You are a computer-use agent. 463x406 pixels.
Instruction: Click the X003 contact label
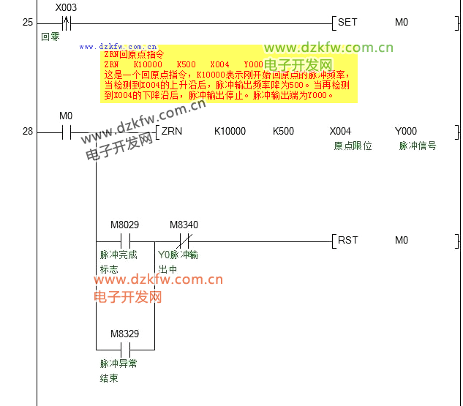[x=66, y=7]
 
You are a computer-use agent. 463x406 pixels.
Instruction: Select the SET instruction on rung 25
[x=347, y=22]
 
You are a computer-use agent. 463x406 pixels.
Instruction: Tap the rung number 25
[x=28, y=23]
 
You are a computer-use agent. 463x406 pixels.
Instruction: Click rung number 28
[x=28, y=132]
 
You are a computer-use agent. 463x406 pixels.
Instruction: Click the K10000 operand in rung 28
[x=230, y=132]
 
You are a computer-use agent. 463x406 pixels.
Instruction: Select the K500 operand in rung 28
[x=283, y=132]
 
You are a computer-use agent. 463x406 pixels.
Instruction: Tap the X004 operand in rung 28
[x=341, y=132]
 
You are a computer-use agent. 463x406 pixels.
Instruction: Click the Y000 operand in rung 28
[x=405, y=132]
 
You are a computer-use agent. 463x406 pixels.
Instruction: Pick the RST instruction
[x=347, y=241]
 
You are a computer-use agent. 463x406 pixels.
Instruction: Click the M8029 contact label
[x=124, y=225]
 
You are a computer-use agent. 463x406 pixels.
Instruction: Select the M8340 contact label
[x=184, y=225]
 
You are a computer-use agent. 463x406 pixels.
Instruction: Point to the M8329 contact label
[x=124, y=334]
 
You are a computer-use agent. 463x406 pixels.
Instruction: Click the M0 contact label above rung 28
[x=66, y=116]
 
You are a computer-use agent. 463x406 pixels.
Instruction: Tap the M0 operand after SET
[x=402, y=22]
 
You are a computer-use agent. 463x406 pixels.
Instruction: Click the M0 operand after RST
[x=402, y=241]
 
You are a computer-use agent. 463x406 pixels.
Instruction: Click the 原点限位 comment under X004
[x=353, y=146]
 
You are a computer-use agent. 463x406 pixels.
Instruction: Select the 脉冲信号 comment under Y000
[x=418, y=146]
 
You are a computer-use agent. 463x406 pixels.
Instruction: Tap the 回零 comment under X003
[x=50, y=36]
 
